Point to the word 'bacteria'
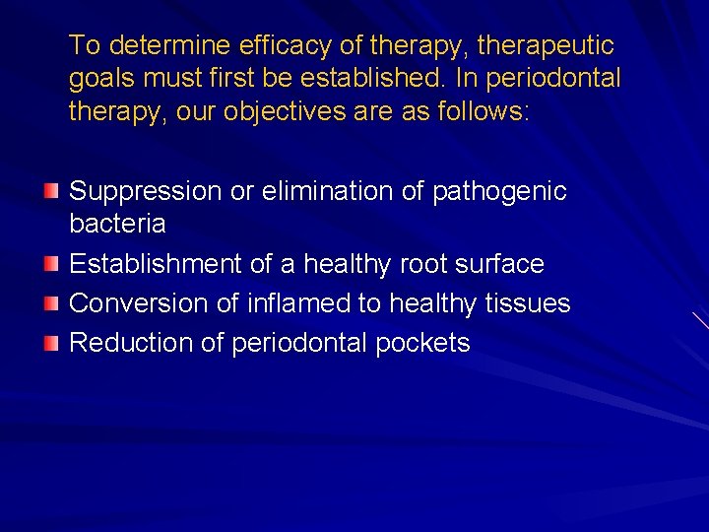tap(117, 224)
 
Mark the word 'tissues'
tap(527, 303)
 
